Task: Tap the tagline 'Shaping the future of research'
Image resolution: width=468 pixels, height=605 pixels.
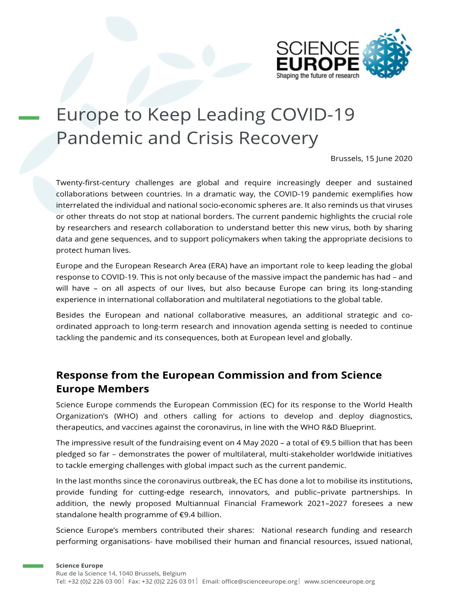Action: (x=318, y=76)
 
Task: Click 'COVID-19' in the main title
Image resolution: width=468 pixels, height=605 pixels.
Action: (x=313, y=115)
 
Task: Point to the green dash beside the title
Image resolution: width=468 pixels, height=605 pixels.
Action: (x=29, y=118)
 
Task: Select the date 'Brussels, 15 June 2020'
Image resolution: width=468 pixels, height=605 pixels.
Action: (x=371, y=159)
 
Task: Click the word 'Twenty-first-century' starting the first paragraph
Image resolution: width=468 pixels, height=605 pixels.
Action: (x=93, y=183)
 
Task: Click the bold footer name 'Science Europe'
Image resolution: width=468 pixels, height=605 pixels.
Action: (x=80, y=566)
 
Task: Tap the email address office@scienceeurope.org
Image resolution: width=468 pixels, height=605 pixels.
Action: (x=259, y=582)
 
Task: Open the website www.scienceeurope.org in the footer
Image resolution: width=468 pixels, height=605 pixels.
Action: (x=340, y=582)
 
